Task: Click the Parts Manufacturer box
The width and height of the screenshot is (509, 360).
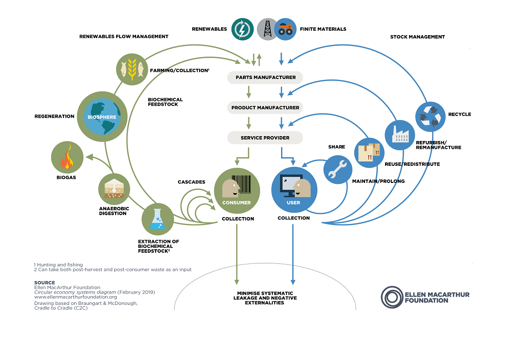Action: [x=265, y=77]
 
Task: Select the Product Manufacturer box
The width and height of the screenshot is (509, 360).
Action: [x=265, y=107]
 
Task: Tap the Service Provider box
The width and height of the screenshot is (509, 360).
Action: [x=265, y=138]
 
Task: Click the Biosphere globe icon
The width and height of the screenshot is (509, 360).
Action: [x=102, y=117]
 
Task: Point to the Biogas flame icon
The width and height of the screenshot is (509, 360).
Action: [x=67, y=159]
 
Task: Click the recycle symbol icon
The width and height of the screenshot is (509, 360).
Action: [x=430, y=116]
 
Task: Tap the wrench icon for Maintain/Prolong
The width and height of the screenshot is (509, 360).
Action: [x=338, y=169]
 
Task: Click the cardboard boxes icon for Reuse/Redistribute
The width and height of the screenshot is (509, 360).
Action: [x=369, y=152]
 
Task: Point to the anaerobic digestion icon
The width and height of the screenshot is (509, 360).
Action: [x=114, y=188]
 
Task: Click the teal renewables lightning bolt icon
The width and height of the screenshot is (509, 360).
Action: [x=242, y=29]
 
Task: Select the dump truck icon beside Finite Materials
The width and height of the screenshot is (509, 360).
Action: [x=285, y=29]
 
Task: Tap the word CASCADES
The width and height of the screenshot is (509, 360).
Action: [x=191, y=182]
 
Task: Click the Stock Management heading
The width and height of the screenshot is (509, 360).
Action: [x=417, y=37]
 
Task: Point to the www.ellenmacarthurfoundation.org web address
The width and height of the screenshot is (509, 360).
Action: [x=75, y=297]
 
